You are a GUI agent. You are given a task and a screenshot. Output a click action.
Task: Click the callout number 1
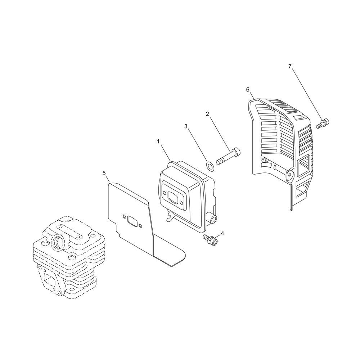pyautogui.click(x=158, y=141)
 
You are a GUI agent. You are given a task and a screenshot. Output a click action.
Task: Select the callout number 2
pyautogui.click(x=207, y=114)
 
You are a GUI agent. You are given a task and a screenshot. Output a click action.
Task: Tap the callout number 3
pyautogui.click(x=186, y=126)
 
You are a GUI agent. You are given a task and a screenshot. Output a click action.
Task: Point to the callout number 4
pyautogui.click(x=222, y=234)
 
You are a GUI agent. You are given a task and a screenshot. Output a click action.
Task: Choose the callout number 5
pyautogui.click(x=104, y=173)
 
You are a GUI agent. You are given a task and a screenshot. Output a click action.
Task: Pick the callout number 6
pyautogui.click(x=248, y=90)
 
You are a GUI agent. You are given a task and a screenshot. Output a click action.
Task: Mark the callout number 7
pyautogui.click(x=290, y=66)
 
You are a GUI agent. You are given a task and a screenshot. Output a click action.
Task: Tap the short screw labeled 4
pyautogui.click(x=211, y=240)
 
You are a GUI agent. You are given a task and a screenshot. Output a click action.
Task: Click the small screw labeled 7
pyautogui.click(x=323, y=123)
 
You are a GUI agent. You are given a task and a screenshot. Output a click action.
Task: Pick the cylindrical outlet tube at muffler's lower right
pyautogui.click(x=211, y=219)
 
